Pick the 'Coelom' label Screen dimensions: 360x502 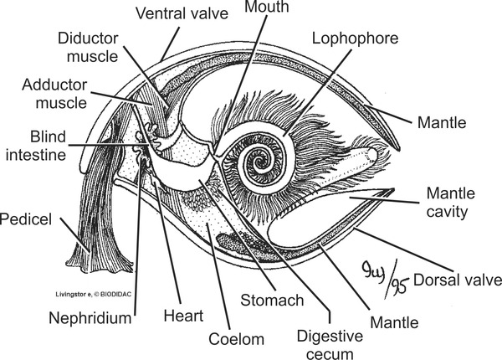[x=237, y=339]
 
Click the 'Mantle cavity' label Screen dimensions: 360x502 [x=458, y=202]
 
